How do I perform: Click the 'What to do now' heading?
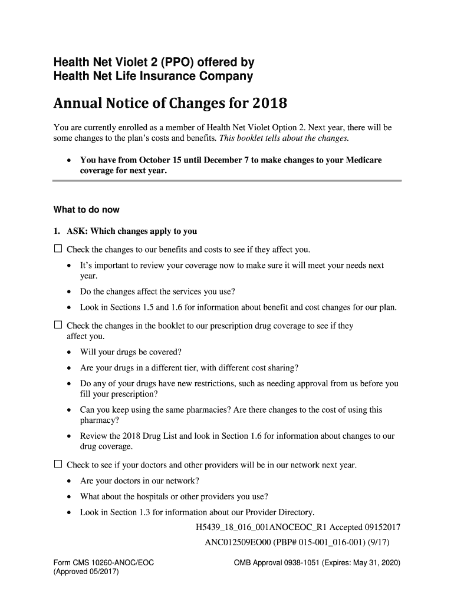pos(87,210)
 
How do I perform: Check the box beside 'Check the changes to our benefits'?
pos(58,249)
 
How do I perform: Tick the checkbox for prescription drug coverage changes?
pos(58,324)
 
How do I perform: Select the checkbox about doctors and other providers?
pos(58,464)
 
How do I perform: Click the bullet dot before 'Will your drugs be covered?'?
pos(70,353)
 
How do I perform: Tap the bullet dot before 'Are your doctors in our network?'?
pos(70,481)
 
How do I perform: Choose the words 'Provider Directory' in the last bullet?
pos(277,512)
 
